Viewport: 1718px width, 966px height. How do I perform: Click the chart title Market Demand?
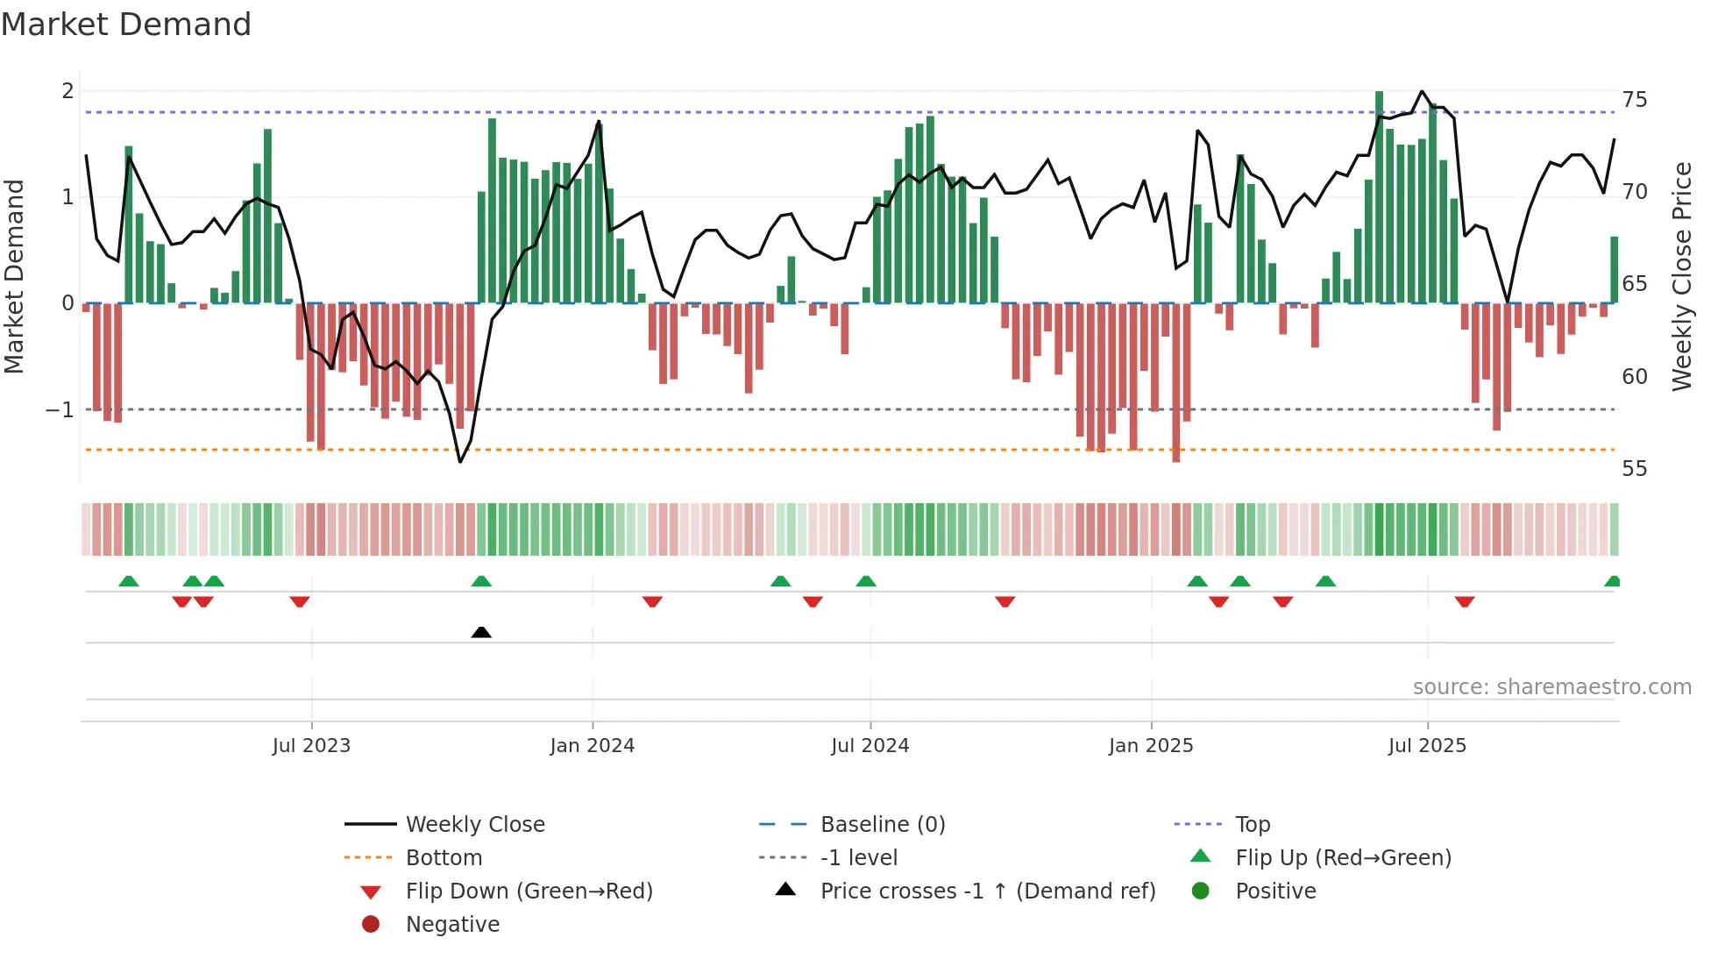(x=126, y=25)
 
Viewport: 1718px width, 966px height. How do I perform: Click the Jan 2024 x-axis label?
(x=592, y=746)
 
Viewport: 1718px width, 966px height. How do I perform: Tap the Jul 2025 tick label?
(x=1426, y=746)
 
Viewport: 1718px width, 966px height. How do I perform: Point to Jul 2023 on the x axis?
(x=311, y=746)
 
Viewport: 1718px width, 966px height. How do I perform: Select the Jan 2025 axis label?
(x=1150, y=746)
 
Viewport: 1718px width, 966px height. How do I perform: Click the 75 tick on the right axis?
(x=1634, y=100)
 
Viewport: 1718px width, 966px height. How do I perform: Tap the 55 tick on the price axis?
(x=1634, y=469)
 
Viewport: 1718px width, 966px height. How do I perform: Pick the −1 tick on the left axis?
(x=60, y=410)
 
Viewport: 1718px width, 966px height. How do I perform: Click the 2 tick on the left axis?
(x=67, y=91)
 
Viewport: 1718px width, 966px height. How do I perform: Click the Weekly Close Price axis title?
(x=1681, y=276)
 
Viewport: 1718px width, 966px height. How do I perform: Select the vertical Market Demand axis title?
(x=15, y=276)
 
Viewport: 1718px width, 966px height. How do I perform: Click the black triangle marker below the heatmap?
(x=481, y=632)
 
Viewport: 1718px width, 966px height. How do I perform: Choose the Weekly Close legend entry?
(x=474, y=825)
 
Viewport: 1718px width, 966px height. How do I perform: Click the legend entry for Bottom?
(x=444, y=858)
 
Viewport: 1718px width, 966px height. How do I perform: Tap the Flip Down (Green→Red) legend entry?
(x=529, y=891)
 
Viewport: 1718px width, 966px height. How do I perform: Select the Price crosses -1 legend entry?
(x=987, y=891)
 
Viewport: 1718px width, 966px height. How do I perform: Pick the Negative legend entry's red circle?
(x=371, y=925)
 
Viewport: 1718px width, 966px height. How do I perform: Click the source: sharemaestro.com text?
(x=1551, y=687)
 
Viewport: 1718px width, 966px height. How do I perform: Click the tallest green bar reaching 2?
(x=1379, y=197)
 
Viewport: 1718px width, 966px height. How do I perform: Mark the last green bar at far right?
(x=1614, y=270)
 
